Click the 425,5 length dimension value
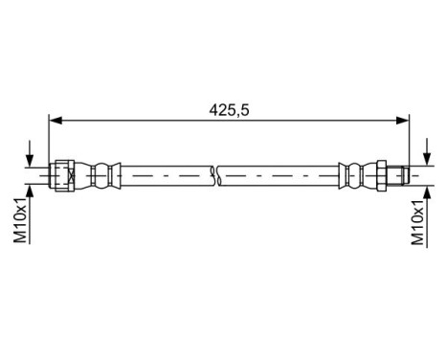pos(230,110)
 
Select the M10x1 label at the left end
pos(19,221)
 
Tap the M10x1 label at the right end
pos(418,221)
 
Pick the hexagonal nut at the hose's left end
pos(63,176)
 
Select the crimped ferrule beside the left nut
pos(101,176)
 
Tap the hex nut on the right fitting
pos(380,176)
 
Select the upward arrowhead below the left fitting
pos(31,191)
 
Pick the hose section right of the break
pos(278,176)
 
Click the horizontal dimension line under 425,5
pos(144,121)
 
